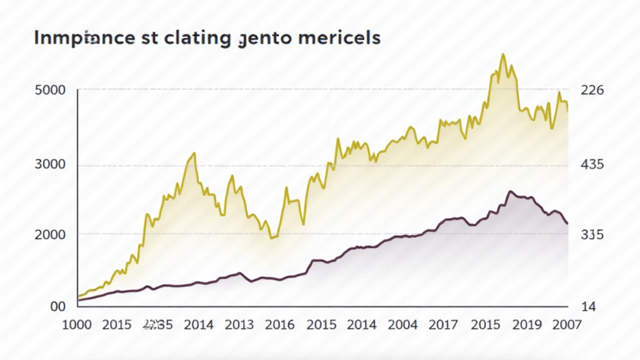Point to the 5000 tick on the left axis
click(x=49, y=89)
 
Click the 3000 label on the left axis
click(x=49, y=165)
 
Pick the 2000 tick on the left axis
click(x=49, y=234)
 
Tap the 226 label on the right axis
click(x=592, y=89)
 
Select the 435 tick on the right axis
click(x=592, y=165)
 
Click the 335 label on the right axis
click(x=592, y=234)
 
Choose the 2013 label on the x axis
click(x=239, y=325)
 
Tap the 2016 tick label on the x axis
click(x=279, y=325)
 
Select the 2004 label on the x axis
click(x=402, y=325)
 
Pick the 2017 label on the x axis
click(x=443, y=325)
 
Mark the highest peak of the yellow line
click(x=502, y=54)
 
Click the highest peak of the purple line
click(x=510, y=192)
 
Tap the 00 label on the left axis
click(x=57, y=306)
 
